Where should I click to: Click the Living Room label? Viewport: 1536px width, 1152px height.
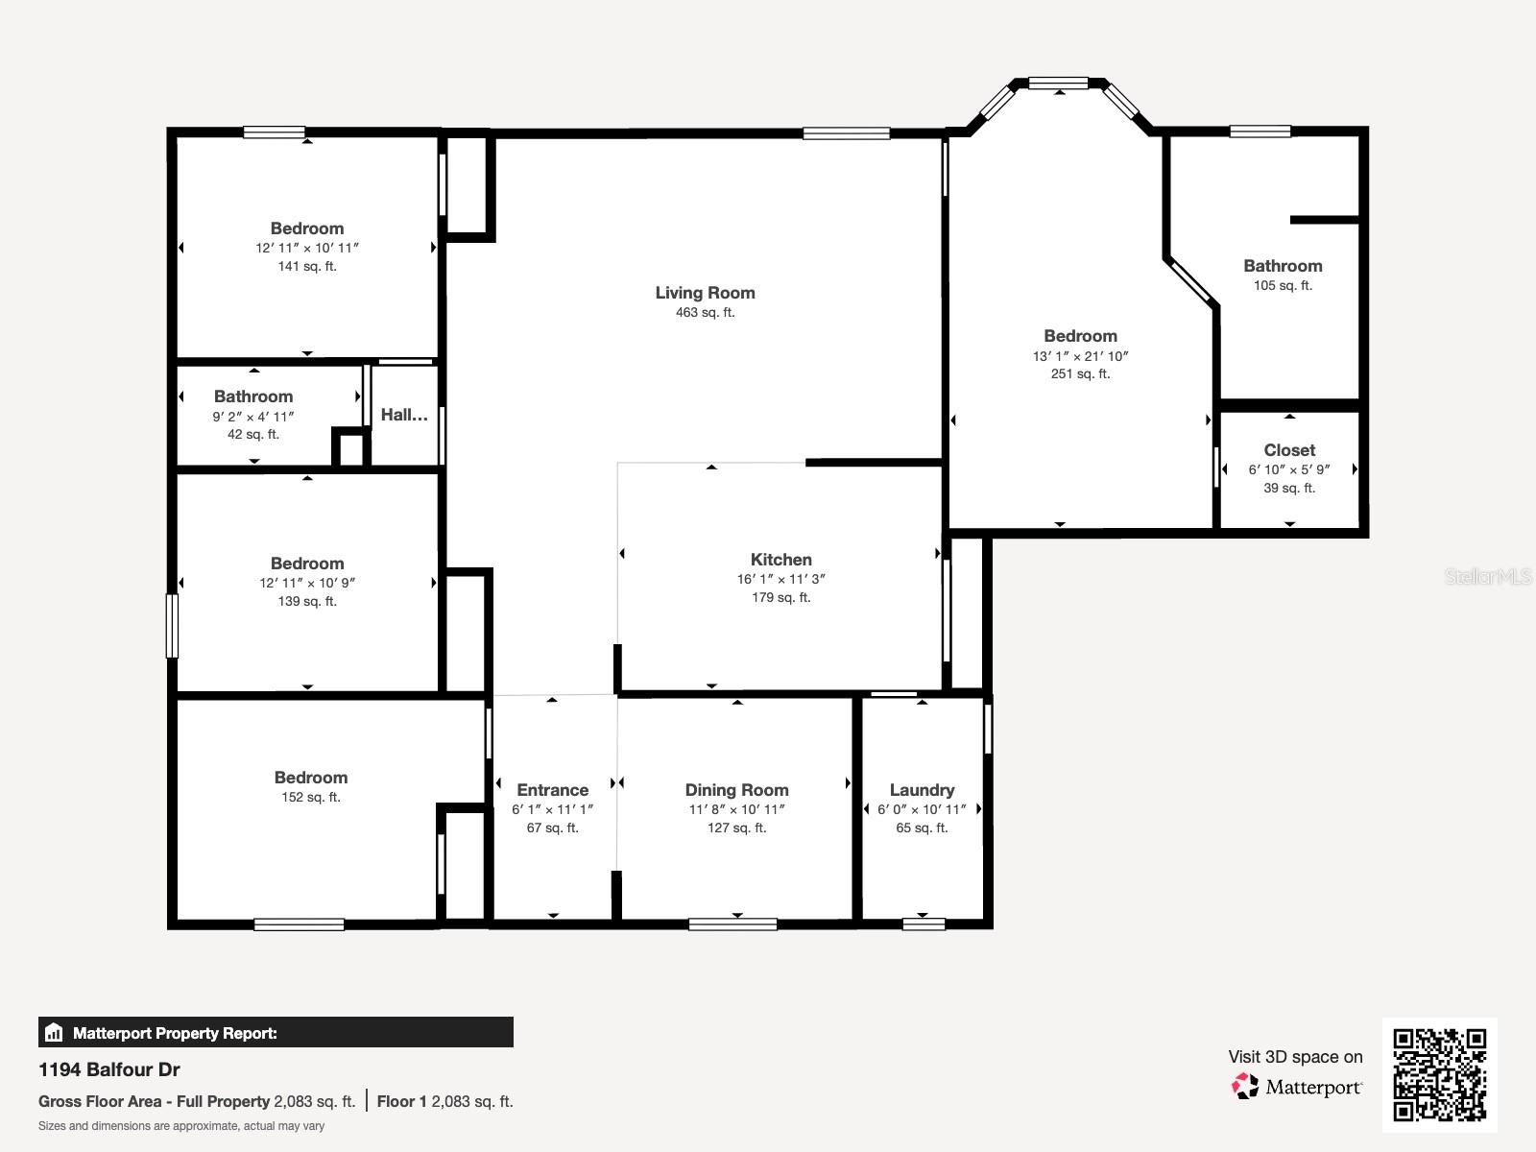pyautogui.click(x=705, y=293)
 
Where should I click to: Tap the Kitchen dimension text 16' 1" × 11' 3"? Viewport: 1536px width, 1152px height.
pyautogui.click(x=780, y=579)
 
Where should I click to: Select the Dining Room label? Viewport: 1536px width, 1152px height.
pyautogui.click(x=736, y=790)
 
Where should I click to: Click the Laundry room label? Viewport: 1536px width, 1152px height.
pyautogui.click(x=922, y=790)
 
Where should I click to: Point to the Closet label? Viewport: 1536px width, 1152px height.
pyautogui.click(x=1289, y=450)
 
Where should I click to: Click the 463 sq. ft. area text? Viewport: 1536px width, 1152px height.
pyautogui.click(x=705, y=313)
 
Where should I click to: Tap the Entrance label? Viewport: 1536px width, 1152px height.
pyautogui.click(x=552, y=790)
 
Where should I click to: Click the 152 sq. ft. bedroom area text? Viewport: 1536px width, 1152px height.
pyautogui.click(x=310, y=798)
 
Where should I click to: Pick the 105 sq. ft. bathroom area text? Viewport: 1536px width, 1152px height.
pyautogui.click(x=1283, y=286)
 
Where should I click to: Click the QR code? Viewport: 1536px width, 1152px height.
pyautogui.click(x=1439, y=1074)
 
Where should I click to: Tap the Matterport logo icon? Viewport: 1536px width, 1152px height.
pyautogui.click(x=1245, y=1087)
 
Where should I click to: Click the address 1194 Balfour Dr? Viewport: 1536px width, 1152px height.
pyautogui.click(x=109, y=1069)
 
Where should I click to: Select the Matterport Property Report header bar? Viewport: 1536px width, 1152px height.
pyautogui.click(x=276, y=1033)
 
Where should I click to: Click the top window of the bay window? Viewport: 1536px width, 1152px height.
pyautogui.click(x=1058, y=84)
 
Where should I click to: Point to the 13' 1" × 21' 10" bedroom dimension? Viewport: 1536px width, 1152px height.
pyautogui.click(x=1080, y=356)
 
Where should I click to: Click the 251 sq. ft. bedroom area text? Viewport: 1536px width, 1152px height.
pyautogui.click(x=1080, y=374)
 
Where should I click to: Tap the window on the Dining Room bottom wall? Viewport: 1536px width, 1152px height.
pyautogui.click(x=732, y=924)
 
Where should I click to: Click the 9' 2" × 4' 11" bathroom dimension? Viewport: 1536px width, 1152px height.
pyautogui.click(x=253, y=417)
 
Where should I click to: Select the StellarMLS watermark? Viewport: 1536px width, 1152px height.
pyautogui.click(x=1488, y=576)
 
